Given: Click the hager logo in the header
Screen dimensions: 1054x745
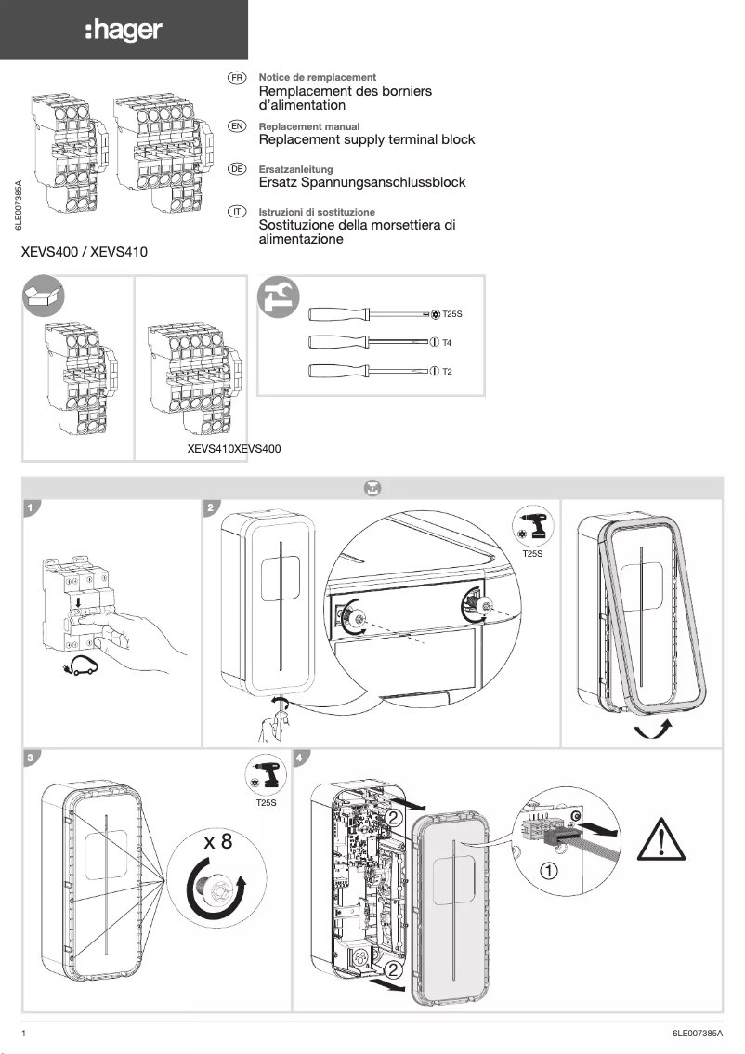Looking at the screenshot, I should click(124, 31).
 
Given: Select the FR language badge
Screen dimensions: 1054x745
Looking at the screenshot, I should click(237, 77).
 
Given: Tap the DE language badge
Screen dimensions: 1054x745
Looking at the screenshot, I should click(237, 169).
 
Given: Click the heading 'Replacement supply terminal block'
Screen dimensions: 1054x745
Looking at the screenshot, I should click(366, 139).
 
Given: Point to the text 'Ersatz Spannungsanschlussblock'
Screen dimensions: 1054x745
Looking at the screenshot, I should click(361, 182).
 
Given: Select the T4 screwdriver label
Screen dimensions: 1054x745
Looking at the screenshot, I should click(447, 343).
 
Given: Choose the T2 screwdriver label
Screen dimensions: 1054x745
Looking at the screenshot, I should click(447, 372).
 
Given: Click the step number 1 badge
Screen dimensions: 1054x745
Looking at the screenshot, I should click(32, 507).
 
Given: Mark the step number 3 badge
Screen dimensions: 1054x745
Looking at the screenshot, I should click(32, 758).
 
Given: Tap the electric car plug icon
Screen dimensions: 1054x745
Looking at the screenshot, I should click(81, 665).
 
